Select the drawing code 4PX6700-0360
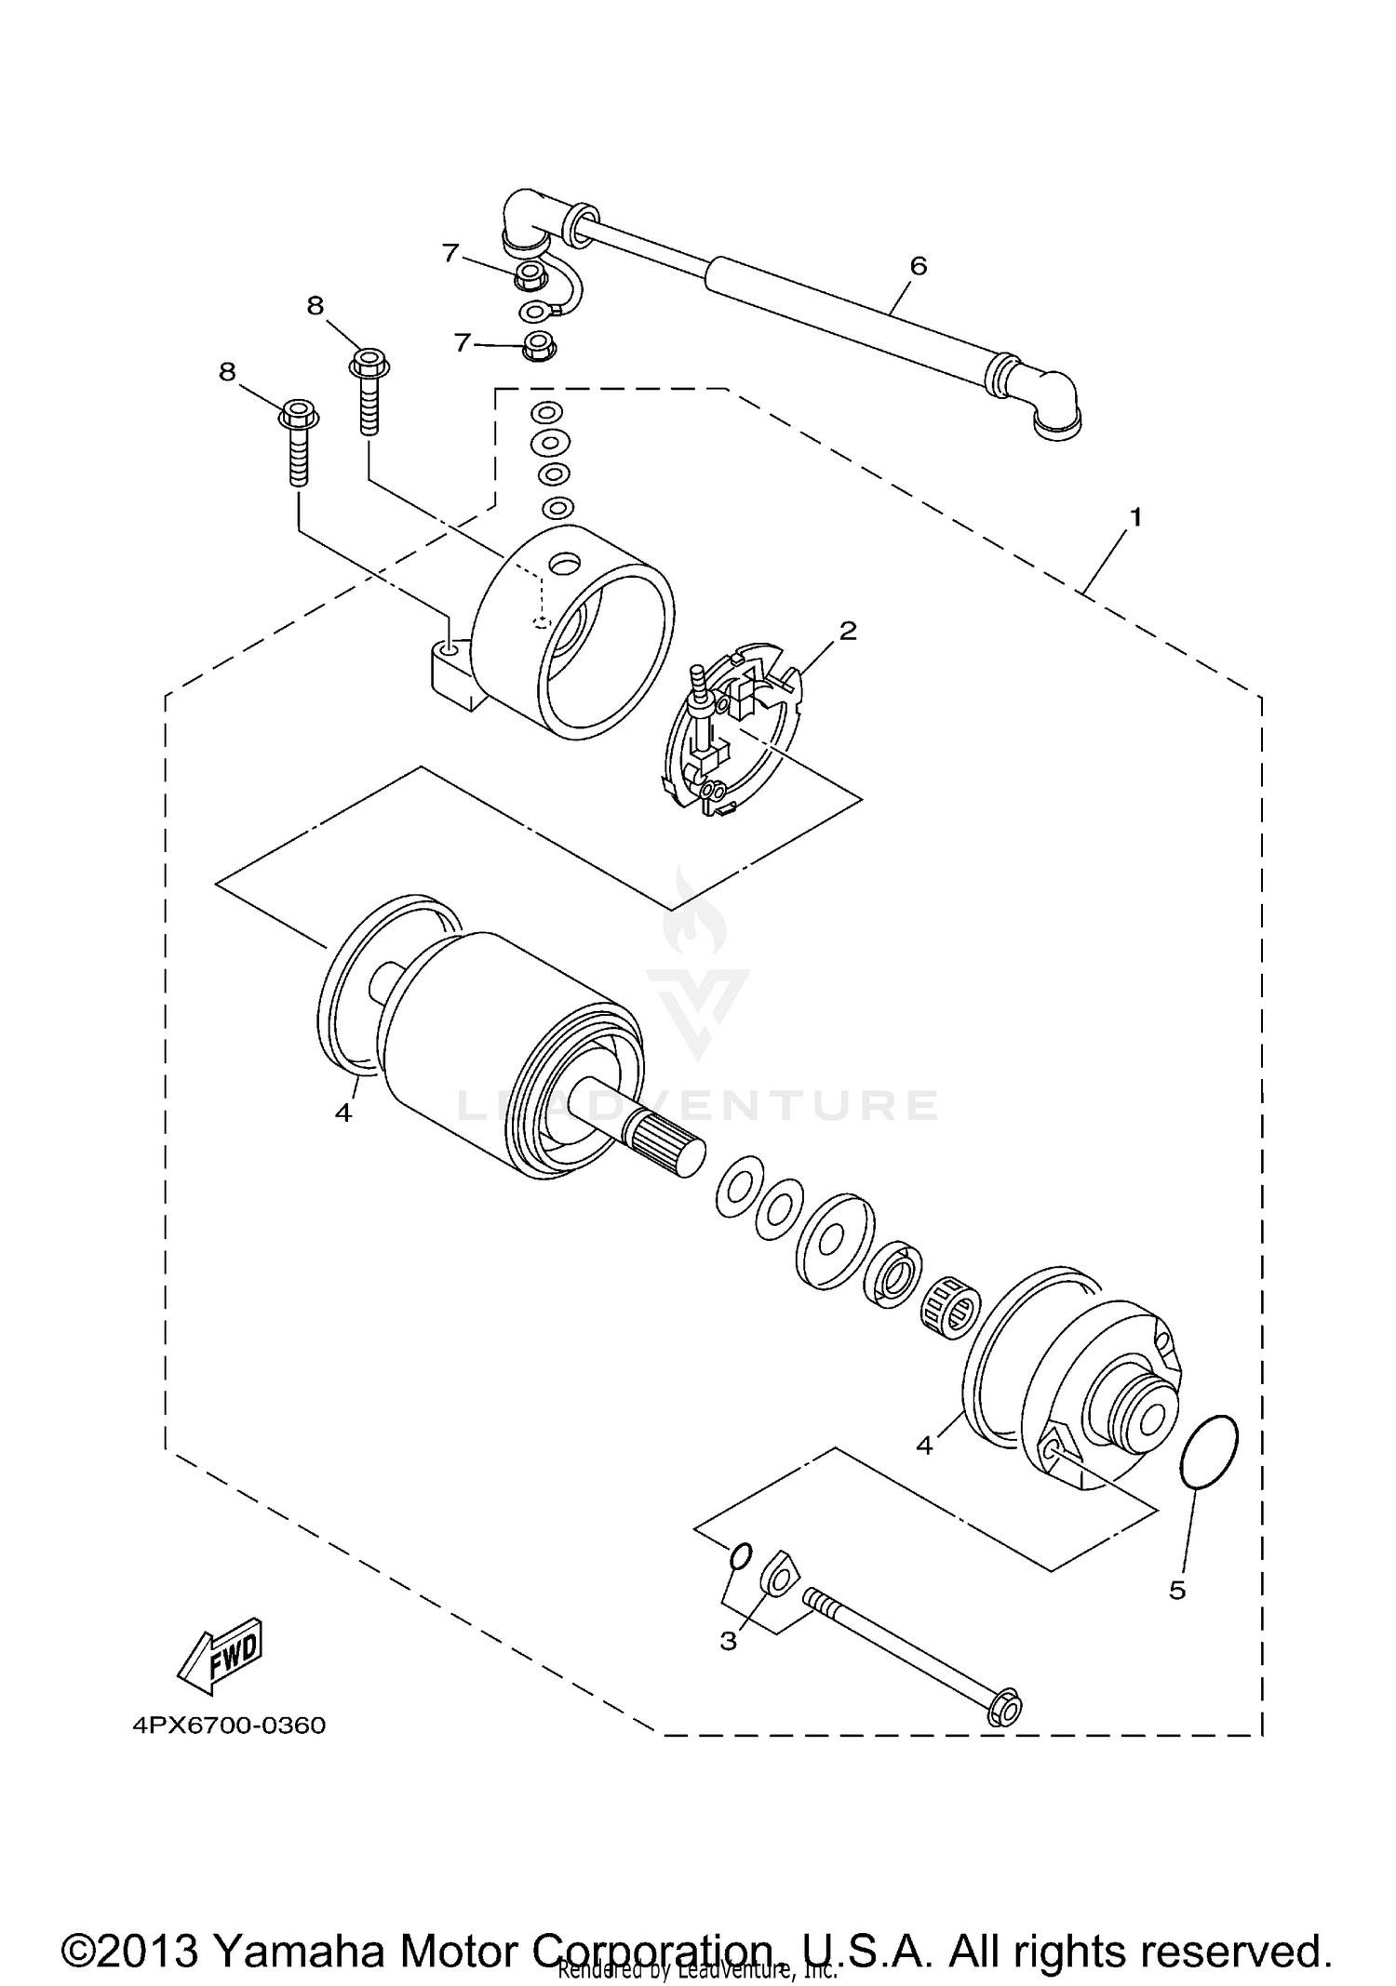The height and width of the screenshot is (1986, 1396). click(x=229, y=1726)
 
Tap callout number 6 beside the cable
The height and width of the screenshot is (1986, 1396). click(x=918, y=266)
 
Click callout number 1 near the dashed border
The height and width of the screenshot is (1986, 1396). click(x=1134, y=517)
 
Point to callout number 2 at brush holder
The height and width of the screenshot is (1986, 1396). click(x=847, y=631)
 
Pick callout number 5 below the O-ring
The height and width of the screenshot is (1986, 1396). click(x=1177, y=1590)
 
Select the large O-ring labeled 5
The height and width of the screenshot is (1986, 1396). click(x=1208, y=1452)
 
